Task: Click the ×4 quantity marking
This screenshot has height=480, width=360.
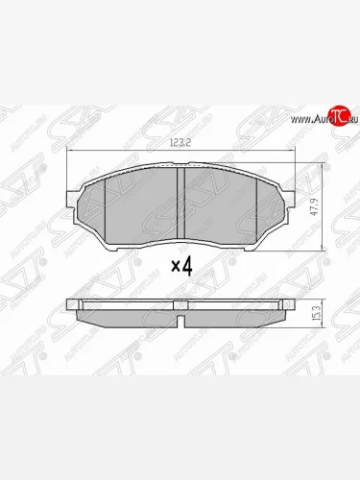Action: [x=181, y=267]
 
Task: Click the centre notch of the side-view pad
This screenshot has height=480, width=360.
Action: [x=182, y=306]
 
